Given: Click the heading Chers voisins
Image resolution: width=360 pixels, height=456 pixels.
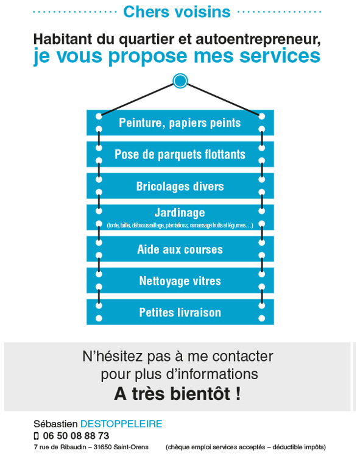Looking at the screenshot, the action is (x=177, y=12).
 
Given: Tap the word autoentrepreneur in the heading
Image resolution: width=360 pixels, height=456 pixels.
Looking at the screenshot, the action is (x=258, y=39).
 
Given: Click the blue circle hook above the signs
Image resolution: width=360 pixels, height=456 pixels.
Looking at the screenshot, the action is (x=180, y=81).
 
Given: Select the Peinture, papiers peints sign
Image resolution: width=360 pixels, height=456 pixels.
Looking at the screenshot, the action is (x=180, y=123).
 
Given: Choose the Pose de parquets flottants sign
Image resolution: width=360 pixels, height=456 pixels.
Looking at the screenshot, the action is (x=180, y=154).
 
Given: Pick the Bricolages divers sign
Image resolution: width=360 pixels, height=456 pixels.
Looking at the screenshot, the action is (x=180, y=186).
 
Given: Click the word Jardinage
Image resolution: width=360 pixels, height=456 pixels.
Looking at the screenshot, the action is (x=180, y=213).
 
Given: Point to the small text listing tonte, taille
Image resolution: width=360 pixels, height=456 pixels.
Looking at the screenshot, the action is (x=180, y=225).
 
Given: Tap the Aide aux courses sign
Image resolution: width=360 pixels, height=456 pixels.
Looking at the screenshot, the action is (x=180, y=249).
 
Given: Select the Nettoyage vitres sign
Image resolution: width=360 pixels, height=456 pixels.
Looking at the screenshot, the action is (x=180, y=280).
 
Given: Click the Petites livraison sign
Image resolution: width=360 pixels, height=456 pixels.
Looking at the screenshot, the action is (x=180, y=312).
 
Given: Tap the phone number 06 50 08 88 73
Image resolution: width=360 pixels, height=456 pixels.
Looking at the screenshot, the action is (x=76, y=436).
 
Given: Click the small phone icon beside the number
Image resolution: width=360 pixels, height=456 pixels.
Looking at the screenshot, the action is (x=37, y=436).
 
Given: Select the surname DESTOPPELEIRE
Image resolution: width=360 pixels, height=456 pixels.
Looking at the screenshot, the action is (x=121, y=424).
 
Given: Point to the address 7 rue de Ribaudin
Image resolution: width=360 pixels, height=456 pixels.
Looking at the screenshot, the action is (x=60, y=447).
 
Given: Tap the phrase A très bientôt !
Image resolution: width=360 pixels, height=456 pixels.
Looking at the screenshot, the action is (x=177, y=393).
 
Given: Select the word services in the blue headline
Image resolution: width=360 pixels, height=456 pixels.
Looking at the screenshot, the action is (x=280, y=56).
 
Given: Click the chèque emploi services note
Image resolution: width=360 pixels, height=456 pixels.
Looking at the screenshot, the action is (x=245, y=447).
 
